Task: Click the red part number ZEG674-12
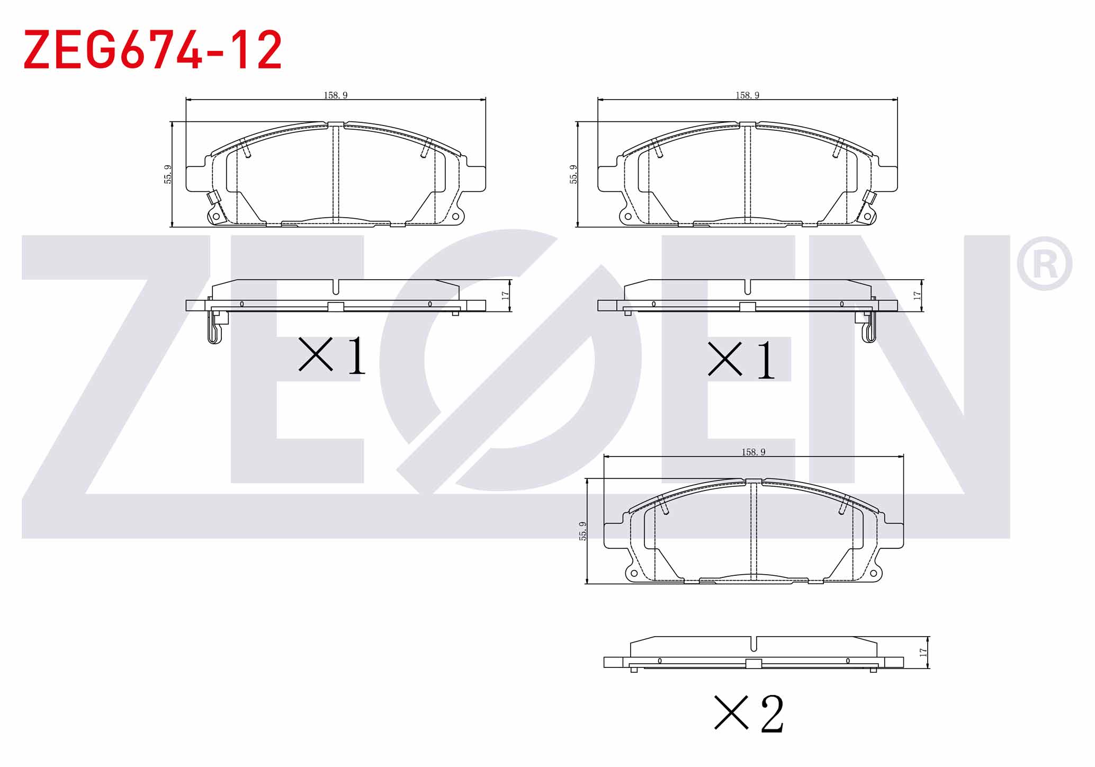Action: [x=152, y=50]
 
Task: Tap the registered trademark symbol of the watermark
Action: [x=1044, y=263]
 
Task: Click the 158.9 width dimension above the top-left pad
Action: [x=336, y=95]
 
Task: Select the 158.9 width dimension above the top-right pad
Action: [x=747, y=95]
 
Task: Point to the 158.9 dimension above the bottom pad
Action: [x=753, y=452]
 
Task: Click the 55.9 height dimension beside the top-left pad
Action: [x=168, y=174]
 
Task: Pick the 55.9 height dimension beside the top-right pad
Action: [x=573, y=174]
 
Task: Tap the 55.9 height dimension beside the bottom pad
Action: [x=583, y=531]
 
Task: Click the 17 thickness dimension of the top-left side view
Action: [x=505, y=296]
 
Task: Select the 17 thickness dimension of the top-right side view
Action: [x=917, y=296]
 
